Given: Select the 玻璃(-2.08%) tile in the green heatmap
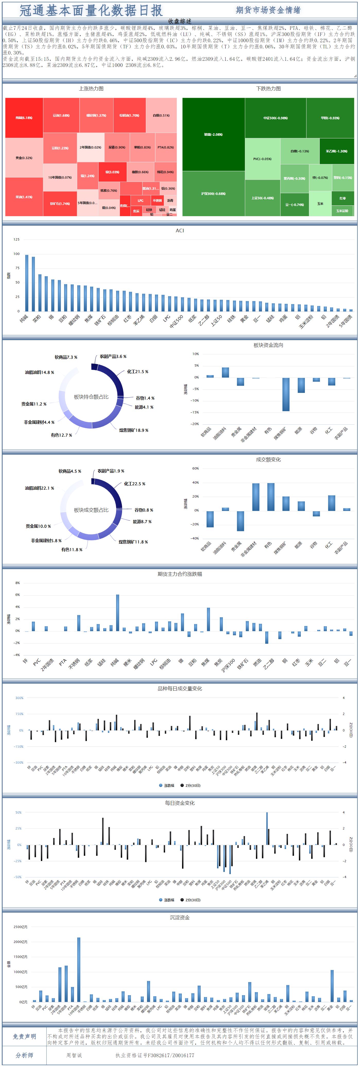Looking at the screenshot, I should [213, 134].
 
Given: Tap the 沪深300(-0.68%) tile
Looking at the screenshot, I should [213, 194].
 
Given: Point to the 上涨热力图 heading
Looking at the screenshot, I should [91, 89].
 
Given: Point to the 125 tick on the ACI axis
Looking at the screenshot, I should [16, 239].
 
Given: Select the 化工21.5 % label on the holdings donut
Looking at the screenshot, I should [137, 372].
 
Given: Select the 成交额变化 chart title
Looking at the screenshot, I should [268, 459].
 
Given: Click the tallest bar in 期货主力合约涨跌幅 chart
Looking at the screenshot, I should [117, 613].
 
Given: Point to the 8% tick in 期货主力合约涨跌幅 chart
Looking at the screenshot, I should [18, 583].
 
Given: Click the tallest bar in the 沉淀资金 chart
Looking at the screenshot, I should [79, 969].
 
